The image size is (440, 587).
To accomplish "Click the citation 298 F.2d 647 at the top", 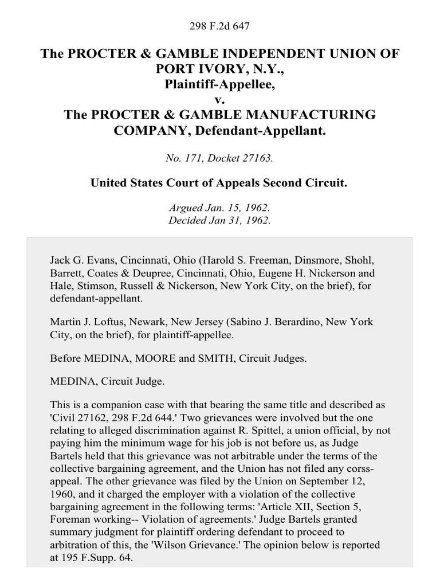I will [x=220, y=26].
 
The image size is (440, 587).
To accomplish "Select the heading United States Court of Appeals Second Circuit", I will [x=220, y=183].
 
